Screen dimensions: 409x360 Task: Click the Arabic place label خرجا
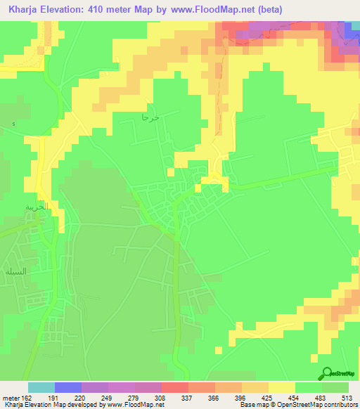tap(151, 118)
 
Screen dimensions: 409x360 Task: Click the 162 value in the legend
tap(25, 398)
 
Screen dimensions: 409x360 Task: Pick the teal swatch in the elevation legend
tap(41, 388)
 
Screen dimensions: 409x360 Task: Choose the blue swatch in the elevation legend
tap(68, 388)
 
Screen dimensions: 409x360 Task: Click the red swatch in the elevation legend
tap(174, 388)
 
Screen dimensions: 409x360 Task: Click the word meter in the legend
tap(9, 398)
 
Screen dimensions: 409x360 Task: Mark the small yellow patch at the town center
tap(213, 182)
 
